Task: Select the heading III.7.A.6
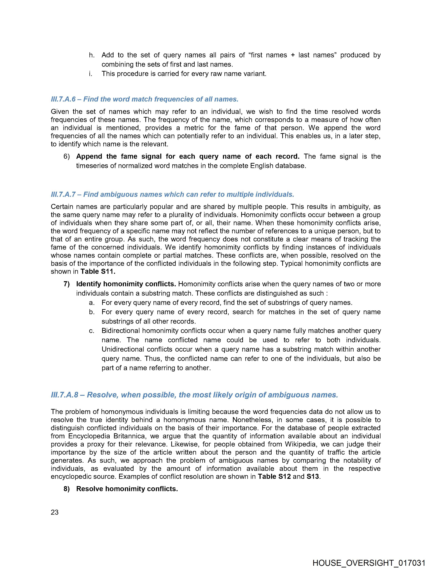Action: pos(145,99)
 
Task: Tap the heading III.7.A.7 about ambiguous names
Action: pos(172,194)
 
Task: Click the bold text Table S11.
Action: pos(98,272)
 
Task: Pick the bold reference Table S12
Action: pos(274,476)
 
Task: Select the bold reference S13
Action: pos(313,476)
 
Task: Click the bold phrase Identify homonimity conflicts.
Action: pos(126,284)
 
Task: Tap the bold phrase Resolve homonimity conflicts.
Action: pos(127,489)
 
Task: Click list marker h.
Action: pos(91,55)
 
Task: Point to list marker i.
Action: pos(91,74)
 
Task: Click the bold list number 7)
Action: pos(67,284)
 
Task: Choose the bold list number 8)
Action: pos(67,489)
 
